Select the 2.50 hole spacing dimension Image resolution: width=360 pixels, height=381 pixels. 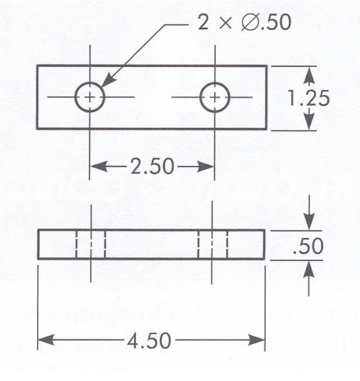pyautogui.click(x=151, y=167)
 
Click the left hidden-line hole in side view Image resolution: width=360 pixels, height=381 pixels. pyautogui.click(x=91, y=245)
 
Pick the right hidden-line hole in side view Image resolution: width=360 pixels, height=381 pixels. pyautogui.click(x=213, y=245)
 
